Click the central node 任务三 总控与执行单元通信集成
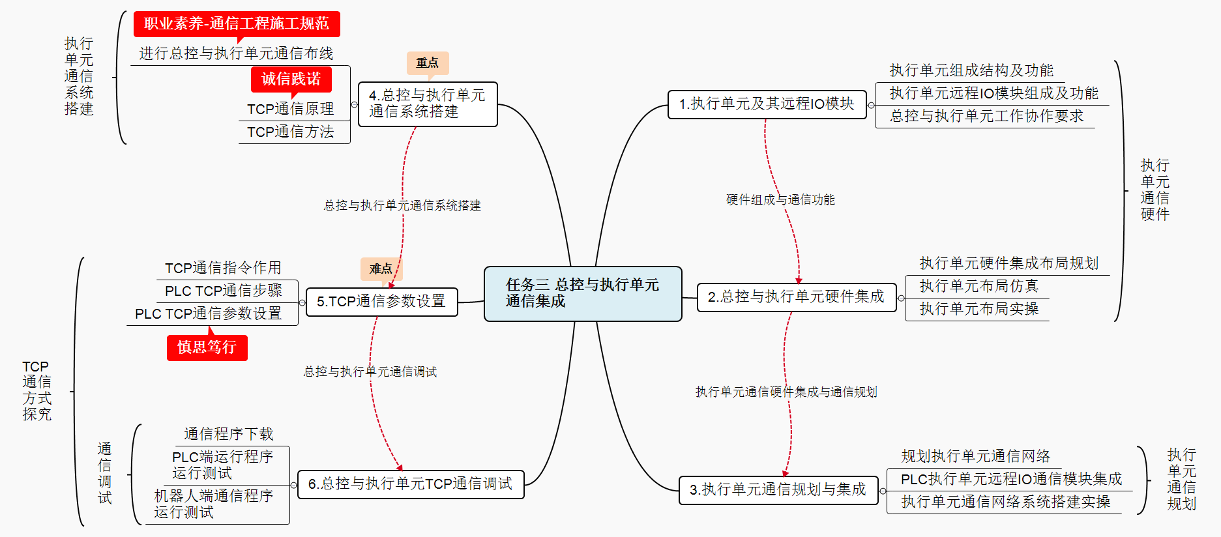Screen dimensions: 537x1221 click(583, 293)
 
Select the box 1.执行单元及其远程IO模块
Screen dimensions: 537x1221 click(767, 104)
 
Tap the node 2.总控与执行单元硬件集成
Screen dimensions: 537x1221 click(796, 297)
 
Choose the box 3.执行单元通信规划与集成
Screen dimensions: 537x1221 click(778, 489)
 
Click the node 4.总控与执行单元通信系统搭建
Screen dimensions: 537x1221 click(428, 104)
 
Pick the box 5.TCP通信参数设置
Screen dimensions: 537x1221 click(381, 302)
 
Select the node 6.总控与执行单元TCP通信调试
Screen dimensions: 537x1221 click(411, 484)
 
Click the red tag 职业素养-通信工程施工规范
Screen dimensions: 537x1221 click(237, 24)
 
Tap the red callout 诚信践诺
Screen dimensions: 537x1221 click(291, 80)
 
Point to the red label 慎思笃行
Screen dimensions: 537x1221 click(207, 347)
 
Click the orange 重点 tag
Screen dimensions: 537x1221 click(428, 63)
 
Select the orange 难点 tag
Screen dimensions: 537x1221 click(381, 268)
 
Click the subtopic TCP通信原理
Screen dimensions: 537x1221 click(291, 109)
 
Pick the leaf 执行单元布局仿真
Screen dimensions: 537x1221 click(978, 286)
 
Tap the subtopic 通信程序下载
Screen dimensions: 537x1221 click(228, 434)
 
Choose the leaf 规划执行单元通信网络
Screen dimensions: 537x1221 click(976, 456)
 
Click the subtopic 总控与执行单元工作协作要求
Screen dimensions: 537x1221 click(986, 116)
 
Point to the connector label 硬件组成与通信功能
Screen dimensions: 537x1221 click(780, 199)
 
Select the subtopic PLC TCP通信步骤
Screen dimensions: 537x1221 click(224, 291)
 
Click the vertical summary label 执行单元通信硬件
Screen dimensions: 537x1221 click(1155, 190)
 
